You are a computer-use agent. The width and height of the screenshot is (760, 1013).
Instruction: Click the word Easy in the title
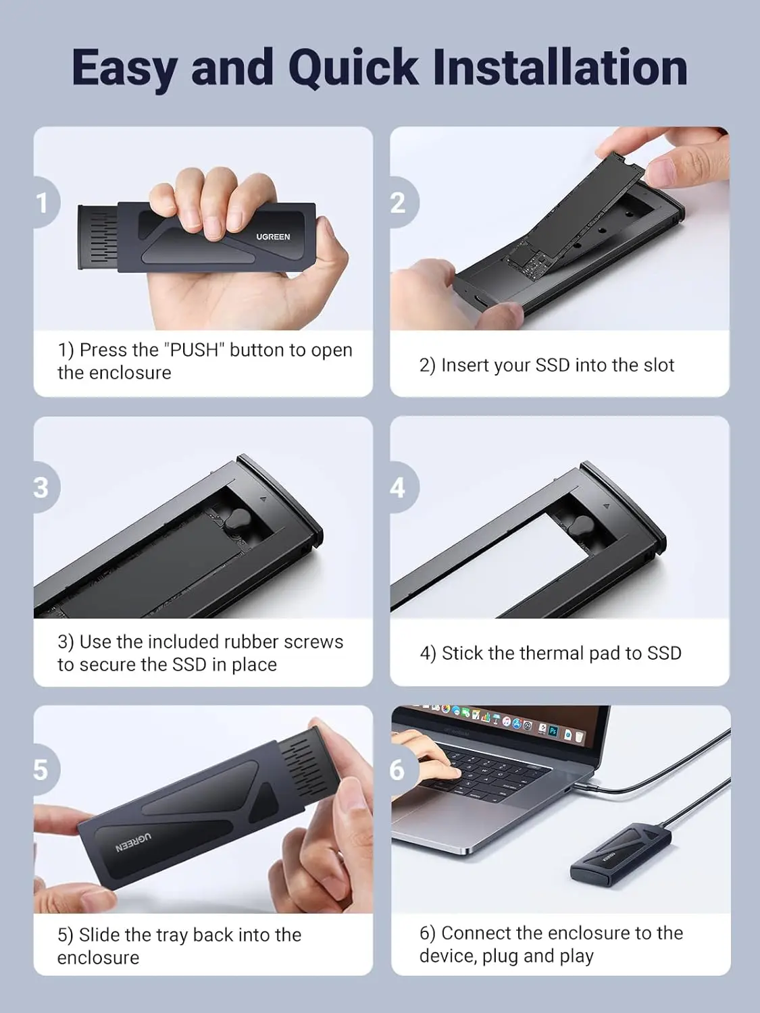pos(126,68)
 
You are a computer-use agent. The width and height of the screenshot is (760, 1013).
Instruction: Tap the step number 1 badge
pos(43,203)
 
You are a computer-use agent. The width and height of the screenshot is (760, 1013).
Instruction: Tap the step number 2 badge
pos(399,203)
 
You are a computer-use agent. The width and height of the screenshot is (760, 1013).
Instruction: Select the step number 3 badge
pos(42,488)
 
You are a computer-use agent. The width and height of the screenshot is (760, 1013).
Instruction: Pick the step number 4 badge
pos(399,488)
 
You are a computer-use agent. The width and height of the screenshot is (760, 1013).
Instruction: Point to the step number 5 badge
pos(42,770)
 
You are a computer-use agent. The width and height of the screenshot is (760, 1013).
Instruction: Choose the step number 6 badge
pos(399,770)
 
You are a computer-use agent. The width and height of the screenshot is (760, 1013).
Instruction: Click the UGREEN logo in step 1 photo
pos(273,237)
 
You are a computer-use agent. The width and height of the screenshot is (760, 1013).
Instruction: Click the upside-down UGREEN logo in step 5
pos(132,842)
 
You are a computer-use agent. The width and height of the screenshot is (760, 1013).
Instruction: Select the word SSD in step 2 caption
pos(553,365)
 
